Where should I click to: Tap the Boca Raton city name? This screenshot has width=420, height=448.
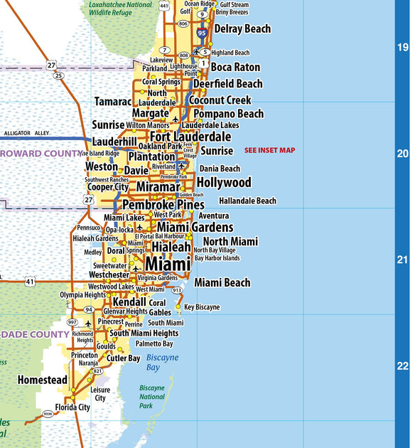(x=235, y=67)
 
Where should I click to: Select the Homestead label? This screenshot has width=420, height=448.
(x=43, y=380)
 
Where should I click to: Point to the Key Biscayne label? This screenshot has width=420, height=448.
(x=202, y=307)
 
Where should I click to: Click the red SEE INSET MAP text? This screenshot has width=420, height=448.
(x=269, y=150)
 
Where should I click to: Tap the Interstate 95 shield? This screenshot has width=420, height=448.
(x=203, y=32)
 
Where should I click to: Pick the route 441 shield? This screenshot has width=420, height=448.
(x=165, y=6)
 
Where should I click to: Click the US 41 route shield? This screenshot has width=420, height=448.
(x=29, y=282)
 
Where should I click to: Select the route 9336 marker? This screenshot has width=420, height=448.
(x=48, y=413)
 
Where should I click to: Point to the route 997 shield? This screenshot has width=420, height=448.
(x=72, y=322)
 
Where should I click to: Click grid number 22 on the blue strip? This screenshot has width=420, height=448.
(x=403, y=366)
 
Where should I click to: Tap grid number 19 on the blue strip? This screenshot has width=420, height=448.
(x=403, y=48)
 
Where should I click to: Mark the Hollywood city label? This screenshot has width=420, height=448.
(x=224, y=183)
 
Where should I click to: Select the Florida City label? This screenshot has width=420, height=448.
(x=72, y=407)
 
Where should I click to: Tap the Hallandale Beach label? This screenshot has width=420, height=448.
(x=247, y=201)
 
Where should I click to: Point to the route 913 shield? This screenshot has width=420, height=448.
(x=177, y=290)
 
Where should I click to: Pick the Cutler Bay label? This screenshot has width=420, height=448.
(x=124, y=358)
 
